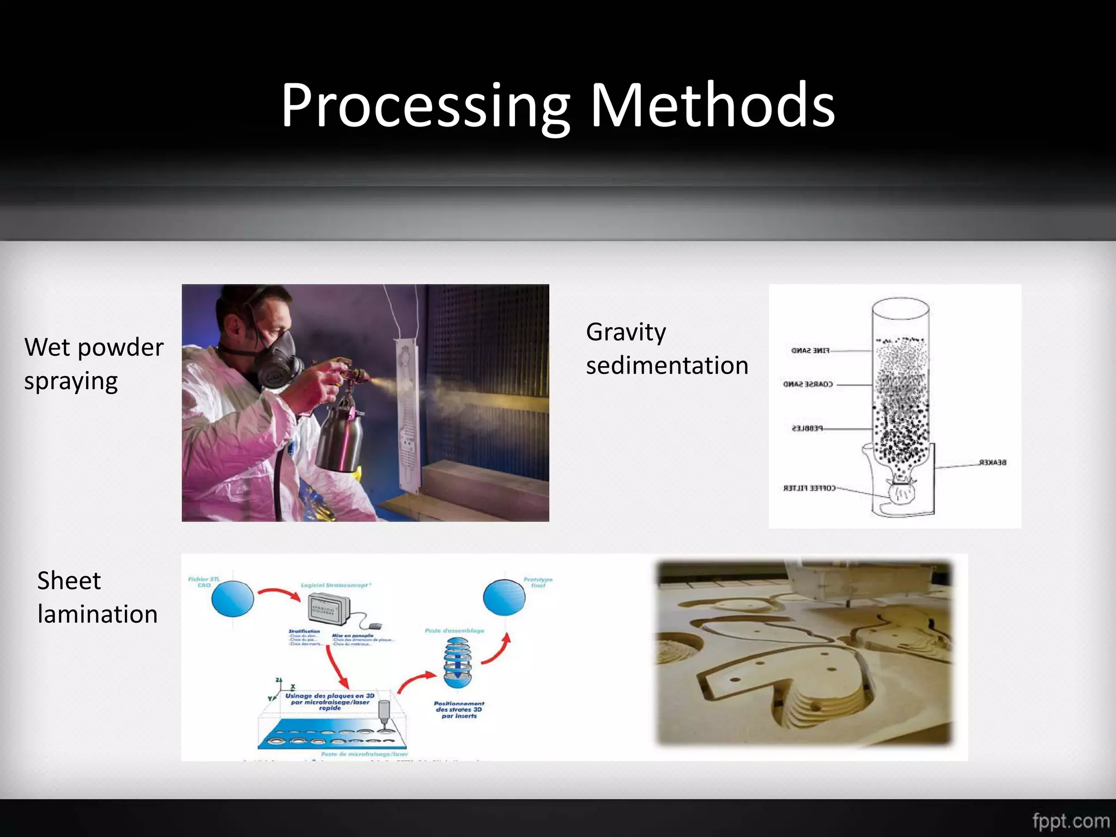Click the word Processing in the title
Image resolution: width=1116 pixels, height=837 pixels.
[x=425, y=106]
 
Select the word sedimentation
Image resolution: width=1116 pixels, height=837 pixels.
[x=667, y=366]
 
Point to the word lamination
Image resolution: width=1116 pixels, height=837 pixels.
[x=98, y=615]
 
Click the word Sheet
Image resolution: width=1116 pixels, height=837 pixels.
[x=69, y=581]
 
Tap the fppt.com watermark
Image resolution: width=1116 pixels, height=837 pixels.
[x=1071, y=821]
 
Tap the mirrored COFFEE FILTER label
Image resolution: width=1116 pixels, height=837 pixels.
[x=809, y=488]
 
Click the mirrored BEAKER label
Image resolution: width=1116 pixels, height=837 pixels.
[x=992, y=463]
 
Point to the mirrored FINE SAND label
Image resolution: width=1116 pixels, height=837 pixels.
[x=810, y=350]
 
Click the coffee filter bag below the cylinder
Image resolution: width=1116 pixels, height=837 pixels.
[x=902, y=493]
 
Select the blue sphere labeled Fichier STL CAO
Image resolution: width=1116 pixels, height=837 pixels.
[x=233, y=598]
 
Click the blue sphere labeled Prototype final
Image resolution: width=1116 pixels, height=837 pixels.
[x=504, y=597]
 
